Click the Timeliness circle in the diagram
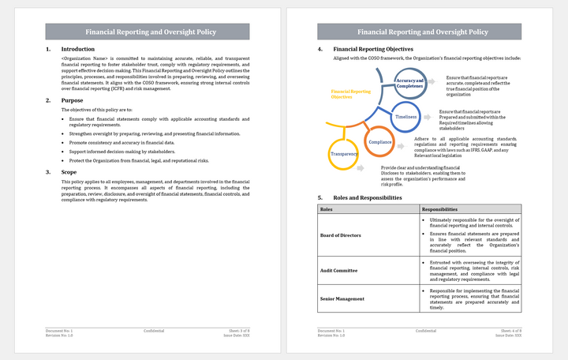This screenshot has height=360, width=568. coord(405,116)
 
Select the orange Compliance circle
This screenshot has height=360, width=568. coord(379,141)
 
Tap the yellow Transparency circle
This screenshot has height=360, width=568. coord(343,153)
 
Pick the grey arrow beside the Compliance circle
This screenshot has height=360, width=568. coord(402,141)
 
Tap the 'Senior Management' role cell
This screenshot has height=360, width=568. coord(342,298)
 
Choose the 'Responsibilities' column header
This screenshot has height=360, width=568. coord(440,209)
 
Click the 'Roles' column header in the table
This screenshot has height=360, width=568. coord(327,209)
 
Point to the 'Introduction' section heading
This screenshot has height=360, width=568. coord(77,49)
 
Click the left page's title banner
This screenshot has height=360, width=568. coord(148,32)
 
